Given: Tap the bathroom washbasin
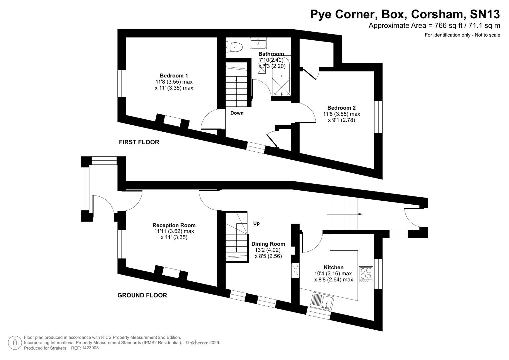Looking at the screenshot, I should coord(258,43).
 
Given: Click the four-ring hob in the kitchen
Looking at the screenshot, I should coord(366,274).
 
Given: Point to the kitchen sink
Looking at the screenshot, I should coord(322,301).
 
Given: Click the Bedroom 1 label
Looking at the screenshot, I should coord(174,76).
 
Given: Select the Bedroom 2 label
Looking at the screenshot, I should coord(341,108).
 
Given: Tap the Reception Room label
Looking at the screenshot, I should coord(174,225).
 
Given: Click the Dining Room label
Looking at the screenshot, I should coord(268,244).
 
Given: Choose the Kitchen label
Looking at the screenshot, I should coord(333,267).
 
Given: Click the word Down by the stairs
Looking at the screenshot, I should coord(237,113).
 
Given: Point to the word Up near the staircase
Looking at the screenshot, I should coord(256,223).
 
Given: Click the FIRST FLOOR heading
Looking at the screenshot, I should coord(139,142).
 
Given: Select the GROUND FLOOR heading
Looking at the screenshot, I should coord(142,295).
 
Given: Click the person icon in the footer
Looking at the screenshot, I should coord(15,343).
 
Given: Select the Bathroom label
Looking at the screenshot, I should coord(271,54).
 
